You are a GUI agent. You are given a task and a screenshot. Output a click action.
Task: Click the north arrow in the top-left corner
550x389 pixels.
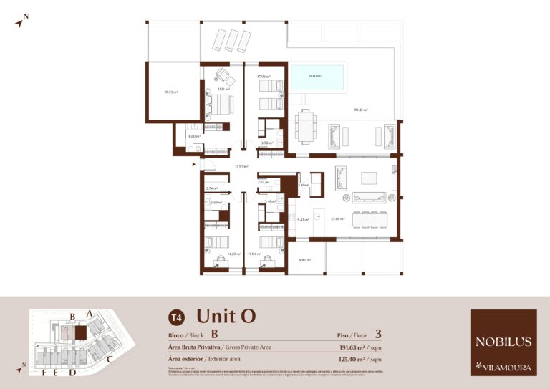(x=22, y=20)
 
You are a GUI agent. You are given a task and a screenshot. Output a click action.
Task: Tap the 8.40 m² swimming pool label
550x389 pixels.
(x=315, y=76)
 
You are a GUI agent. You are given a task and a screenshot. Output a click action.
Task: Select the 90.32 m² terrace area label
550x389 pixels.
(x=360, y=110)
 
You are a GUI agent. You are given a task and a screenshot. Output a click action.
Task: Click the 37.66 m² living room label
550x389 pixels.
(x=337, y=219)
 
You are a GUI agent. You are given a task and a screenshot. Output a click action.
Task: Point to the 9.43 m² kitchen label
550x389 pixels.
(x=303, y=220)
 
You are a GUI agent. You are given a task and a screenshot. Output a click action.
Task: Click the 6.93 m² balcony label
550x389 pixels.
(x=304, y=260)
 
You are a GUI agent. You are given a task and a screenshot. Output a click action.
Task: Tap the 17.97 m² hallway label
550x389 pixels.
(x=241, y=167)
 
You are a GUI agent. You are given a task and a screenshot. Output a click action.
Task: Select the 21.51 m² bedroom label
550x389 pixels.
(x=224, y=90)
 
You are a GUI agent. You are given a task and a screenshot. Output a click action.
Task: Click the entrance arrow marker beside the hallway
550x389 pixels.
(x=193, y=165)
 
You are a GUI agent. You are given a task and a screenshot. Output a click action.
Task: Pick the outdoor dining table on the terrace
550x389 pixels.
(x=306, y=127)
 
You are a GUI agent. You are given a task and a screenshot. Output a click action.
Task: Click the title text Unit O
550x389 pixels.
(x=226, y=316)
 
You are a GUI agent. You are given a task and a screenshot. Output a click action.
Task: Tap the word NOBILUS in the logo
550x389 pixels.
(x=503, y=342)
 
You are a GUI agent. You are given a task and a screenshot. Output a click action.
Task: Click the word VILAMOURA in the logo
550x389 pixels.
(x=507, y=368)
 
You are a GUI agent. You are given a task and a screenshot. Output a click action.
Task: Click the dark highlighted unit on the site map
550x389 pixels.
(x=81, y=332)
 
